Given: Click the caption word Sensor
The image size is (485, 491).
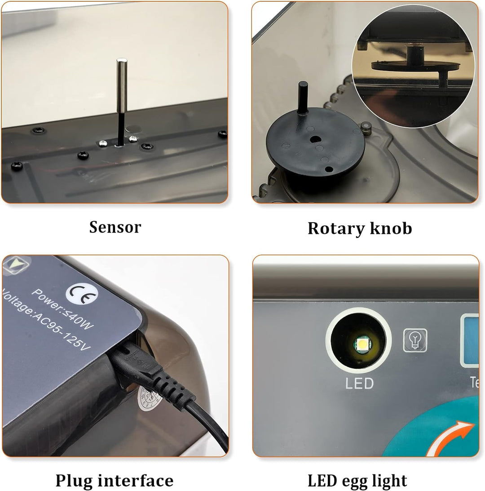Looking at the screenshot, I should pos(115,227).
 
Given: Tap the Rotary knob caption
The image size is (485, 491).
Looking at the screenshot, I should pos(359,228).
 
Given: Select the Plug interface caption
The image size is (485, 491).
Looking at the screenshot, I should pos(114,481).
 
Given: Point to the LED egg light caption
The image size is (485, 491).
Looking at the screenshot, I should pos(357,481).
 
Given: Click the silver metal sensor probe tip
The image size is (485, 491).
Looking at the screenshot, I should pos(121,85).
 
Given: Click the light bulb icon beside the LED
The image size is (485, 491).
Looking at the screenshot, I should pos(415,340).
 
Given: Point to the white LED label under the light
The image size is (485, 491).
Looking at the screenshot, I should pos(359,384).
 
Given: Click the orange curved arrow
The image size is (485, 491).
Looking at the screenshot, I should pos(451,438).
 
